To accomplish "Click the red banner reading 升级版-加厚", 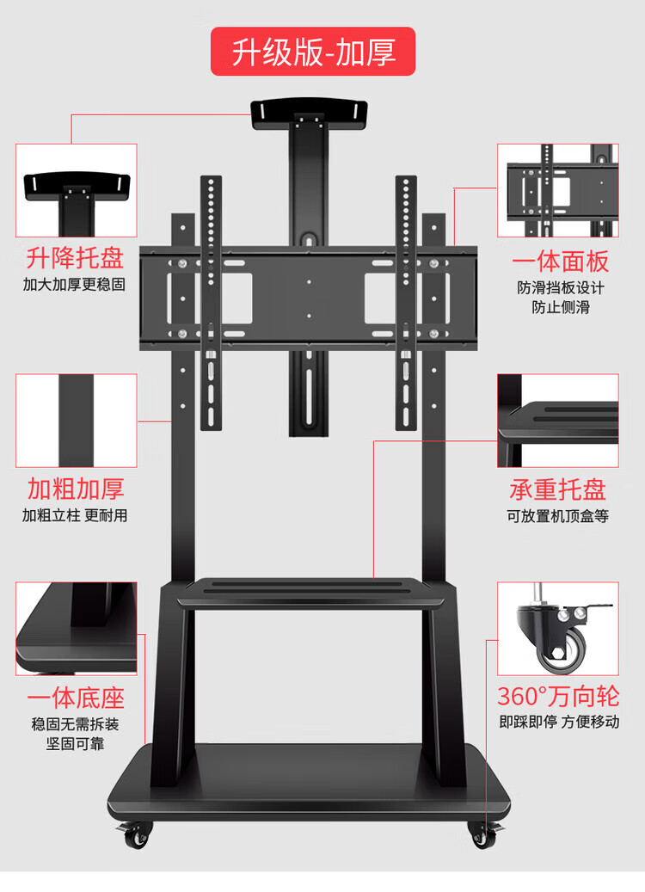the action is pyautogui.click(x=314, y=52).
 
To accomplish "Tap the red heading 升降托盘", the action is pyautogui.click(x=76, y=257).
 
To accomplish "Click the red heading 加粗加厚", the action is pyautogui.click(x=76, y=489).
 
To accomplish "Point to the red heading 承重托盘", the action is pyautogui.click(x=557, y=489).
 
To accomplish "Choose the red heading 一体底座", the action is pyautogui.click(x=76, y=698).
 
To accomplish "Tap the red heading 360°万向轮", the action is pyautogui.click(x=557, y=696).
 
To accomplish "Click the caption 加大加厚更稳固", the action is pyautogui.click(x=75, y=285).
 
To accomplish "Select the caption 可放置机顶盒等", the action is pyautogui.click(x=557, y=516).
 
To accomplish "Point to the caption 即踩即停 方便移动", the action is pyautogui.click(x=558, y=723).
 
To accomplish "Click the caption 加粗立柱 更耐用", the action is pyautogui.click(x=75, y=515).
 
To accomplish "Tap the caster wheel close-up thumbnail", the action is pyautogui.click(x=557, y=629).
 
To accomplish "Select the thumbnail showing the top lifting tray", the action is pyautogui.click(x=76, y=190).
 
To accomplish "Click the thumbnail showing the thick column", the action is pyautogui.click(x=76, y=420).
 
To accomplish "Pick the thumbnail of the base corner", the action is pyautogui.click(x=76, y=629).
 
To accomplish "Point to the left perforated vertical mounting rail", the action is pyautogui.click(x=212, y=301).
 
